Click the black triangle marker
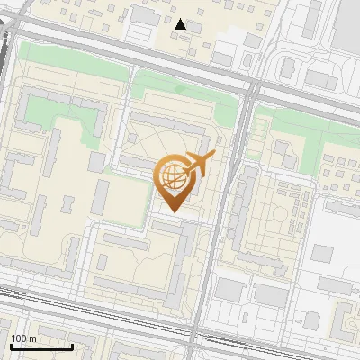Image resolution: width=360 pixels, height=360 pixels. pyautogui.click(x=181, y=24)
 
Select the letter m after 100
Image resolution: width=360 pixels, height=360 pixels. pyautogui.click(x=33, y=338)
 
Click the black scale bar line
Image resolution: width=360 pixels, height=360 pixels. pyautogui.click(x=40, y=346)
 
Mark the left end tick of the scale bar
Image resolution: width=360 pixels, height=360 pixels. pyautogui.click(x=9, y=345)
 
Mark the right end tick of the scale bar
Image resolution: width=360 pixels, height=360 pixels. pyautogui.click(x=72, y=345)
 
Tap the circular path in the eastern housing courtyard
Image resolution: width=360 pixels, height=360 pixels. pyautogui.click(x=290, y=216)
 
